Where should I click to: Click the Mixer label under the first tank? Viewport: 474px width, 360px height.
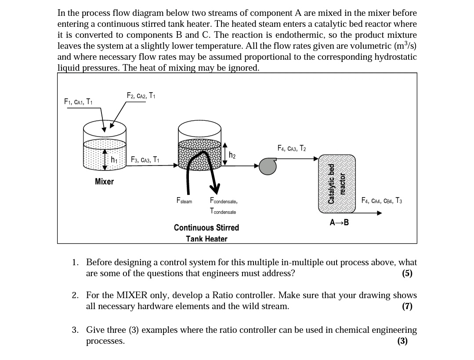104,181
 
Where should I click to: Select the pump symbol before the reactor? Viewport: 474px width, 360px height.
268,166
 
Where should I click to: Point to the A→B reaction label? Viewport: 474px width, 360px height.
339,222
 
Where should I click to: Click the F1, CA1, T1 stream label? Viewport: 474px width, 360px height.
78,102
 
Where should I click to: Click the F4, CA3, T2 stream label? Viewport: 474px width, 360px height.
292,148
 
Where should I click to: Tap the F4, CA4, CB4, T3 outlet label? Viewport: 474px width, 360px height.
381,201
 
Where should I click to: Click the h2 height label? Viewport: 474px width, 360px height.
233,155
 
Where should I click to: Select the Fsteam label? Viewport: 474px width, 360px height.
184,201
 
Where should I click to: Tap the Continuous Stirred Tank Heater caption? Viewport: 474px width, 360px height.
206,233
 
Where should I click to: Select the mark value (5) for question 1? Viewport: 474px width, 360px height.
407,274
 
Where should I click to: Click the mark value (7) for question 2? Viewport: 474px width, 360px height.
407,306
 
